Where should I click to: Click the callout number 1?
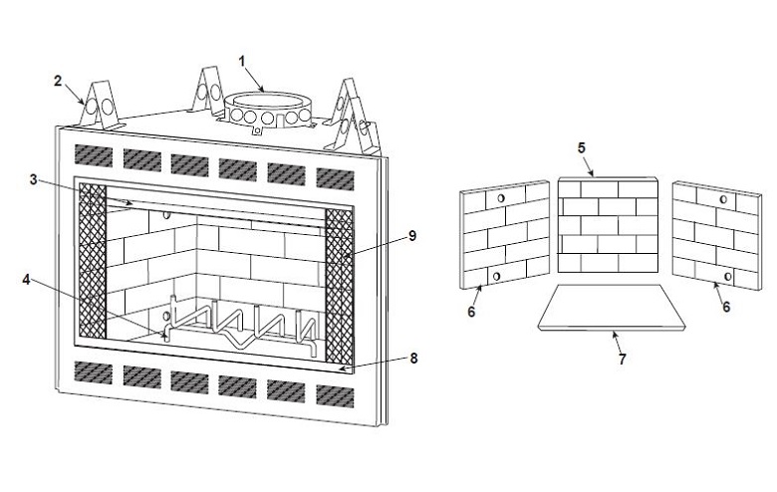(x=242, y=61)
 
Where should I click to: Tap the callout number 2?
(x=58, y=81)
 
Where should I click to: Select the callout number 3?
(x=33, y=179)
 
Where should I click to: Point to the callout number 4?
(x=26, y=280)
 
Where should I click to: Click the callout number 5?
(x=582, y=147)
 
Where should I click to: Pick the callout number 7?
(x=623, y=359)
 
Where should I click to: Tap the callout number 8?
(x=413, y=358)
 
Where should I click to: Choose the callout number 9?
(x=412, y=236)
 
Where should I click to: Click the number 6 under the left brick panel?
(x=471, y=311)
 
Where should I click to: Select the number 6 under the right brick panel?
(x=726, y=307)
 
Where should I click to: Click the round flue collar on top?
(x=268, y=110)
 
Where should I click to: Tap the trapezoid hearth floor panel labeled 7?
(x=612, y=307)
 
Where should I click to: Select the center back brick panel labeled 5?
(x=608, y=224)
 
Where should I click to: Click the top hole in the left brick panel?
(x=500, y=198)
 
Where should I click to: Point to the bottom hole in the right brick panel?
(x=728, y=277)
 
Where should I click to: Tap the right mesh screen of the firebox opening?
(x=340, y=287)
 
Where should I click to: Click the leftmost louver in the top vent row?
(x=94, y=155)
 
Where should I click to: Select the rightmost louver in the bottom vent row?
(x=336, y=396)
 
